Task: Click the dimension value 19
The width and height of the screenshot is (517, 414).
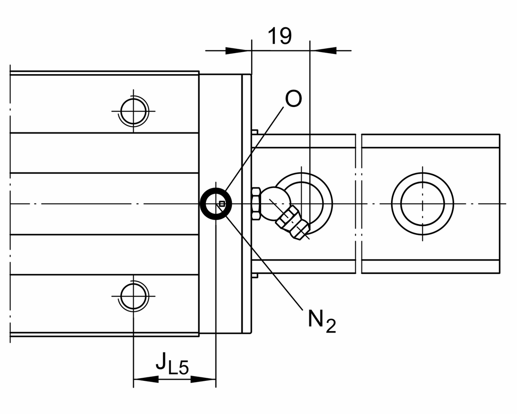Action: pos(280,36)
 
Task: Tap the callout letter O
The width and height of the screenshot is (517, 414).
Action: pos(293,100)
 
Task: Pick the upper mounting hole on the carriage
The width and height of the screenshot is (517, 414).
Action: pos(133,111)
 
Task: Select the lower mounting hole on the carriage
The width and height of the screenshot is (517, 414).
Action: pos(133,296)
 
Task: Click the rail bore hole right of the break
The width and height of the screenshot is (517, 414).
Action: pos(422,203)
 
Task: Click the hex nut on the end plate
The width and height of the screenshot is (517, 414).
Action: pos(255,203)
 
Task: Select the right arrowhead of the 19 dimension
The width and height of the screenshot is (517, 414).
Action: pos(323,50)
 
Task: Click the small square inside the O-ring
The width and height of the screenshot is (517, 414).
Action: pos(222,204)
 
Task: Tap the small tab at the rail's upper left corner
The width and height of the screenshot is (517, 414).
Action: pos(255,131)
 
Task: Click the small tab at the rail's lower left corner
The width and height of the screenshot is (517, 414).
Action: pos(255,275)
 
